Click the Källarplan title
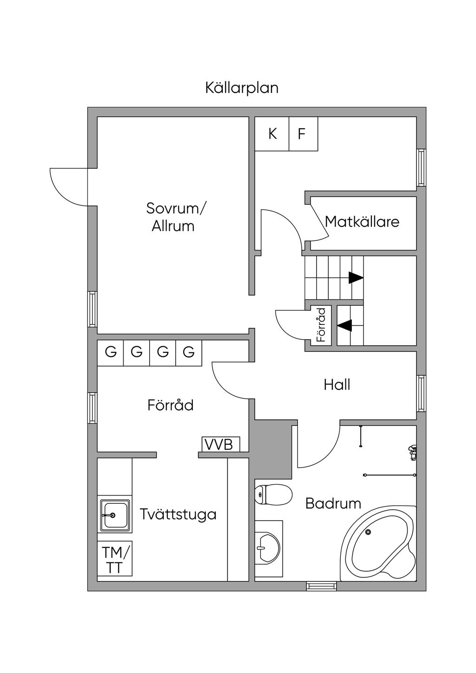tap(242, 88)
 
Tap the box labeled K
tap(272, 134)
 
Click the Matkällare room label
tap(362, 221)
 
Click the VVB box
tap(220, 444)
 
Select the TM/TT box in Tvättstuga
tap(114, 560)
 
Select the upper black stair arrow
tap(356, 277)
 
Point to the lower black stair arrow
tap(344, 325)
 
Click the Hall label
tap(337, 385)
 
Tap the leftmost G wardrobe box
tap(111, 352)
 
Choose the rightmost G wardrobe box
tap(188, 352)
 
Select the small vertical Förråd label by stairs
tap(321, 325)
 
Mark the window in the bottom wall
tap(321, 587)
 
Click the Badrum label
tap(333, 503)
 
